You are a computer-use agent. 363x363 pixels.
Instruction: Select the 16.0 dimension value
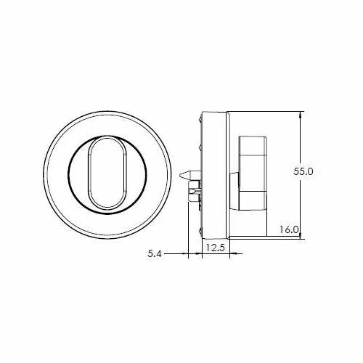click(x=289, y=229)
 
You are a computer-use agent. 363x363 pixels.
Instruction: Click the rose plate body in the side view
click(x=216, y=174)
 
